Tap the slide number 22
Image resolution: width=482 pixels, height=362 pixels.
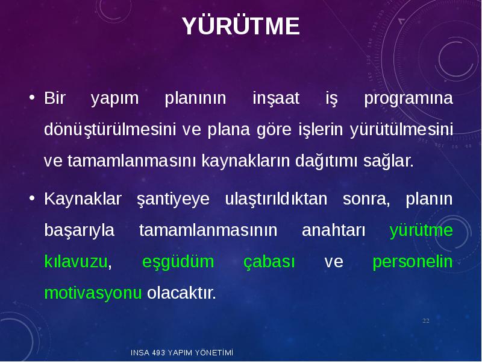[426, 321]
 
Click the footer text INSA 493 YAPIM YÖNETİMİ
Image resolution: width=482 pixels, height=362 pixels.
[182, 353]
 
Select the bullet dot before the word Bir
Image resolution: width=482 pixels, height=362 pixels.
[32, 98]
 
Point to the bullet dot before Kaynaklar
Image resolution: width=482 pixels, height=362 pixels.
[32, 198]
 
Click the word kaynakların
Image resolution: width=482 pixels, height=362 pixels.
[246, 161]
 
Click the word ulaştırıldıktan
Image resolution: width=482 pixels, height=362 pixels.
[277, 199]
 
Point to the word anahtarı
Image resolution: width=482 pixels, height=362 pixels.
[334, 230]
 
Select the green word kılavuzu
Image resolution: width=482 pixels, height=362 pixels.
[76, 262]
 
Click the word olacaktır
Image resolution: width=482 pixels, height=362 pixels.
[182, 293]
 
